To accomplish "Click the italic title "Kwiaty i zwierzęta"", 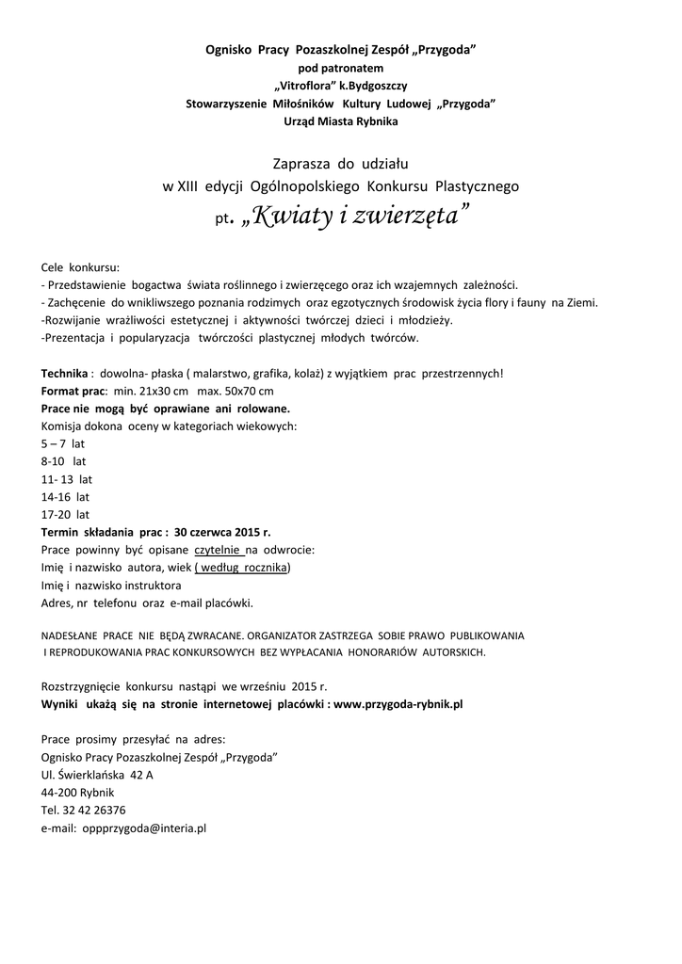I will pyautogui.click(x=354, y=217).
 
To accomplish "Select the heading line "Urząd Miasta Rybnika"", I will pyautogui.click(x=340, y=120).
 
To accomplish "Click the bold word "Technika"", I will pyautogui.click(x=64, y=373).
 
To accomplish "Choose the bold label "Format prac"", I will pyautogui.click(x=72, y=391).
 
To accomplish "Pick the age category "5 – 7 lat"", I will pyautogui.click(x=62, y=444).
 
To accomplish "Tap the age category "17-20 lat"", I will pyautogui.click(x=65, y=515).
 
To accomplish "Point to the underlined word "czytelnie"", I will pyautogui.click(x=218, y=550).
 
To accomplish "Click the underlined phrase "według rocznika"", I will pyautogui.click(x=243, y=568).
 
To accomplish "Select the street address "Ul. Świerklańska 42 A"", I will pyautogui.click(x=97, y=775).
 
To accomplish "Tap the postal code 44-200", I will pyautogui.click(x=59, y=793).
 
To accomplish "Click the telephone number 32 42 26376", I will pyautogui.click(x=94, y=810).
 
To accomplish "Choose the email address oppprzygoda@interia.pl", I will pyautogui.click(x=144, y=827).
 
